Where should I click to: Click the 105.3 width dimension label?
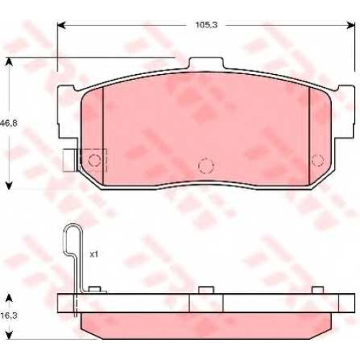click(207, 25)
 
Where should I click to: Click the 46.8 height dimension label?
click(9, 124)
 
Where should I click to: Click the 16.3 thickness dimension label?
click(9, 316)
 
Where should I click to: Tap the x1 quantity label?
click(94, 254)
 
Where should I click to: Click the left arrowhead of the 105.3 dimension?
click(61, 25)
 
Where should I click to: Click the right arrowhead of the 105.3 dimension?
click(351, 25)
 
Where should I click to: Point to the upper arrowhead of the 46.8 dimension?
click(9, 61)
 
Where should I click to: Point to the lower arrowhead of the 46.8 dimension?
click(9, 186)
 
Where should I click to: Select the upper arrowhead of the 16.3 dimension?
click(9, 297)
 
